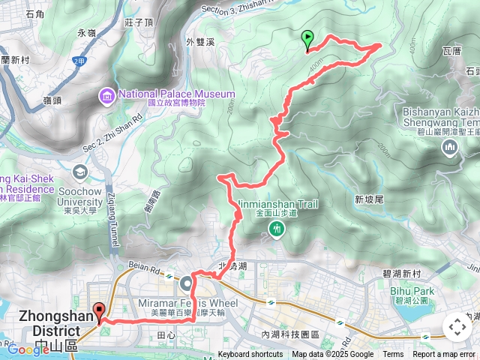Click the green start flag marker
(307, 38)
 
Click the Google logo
(28, 349)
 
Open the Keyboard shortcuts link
(250, 355)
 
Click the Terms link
(393, 355)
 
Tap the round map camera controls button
(457, 327)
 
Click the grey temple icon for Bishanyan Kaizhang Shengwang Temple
(451, 146)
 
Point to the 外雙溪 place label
(200, 42)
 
